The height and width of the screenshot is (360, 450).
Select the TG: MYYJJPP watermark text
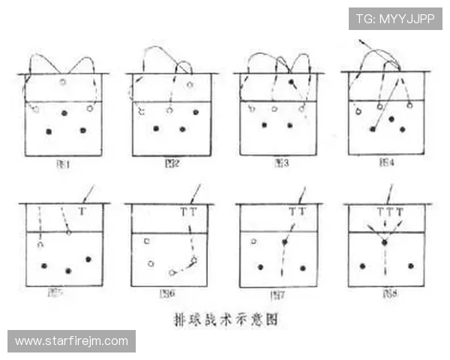(x=395, y=19)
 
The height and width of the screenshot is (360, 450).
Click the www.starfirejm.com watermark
(x=71, y=341)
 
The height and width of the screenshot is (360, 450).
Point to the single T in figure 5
(x=82, y=212)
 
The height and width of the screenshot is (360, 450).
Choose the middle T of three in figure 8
(x=389, y=212)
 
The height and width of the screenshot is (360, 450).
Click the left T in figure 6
(x=184, y=212)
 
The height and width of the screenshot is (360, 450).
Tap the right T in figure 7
(x=302, y=212)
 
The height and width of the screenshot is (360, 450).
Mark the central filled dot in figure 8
(x=385, y=242)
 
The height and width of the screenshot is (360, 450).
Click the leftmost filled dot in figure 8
(x=363, y=265)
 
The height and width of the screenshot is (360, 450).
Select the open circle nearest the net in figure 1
(x=63, y=82)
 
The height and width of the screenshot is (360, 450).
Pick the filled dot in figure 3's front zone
(x=291, y=81)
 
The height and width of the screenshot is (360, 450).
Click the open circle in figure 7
(x=253, y=241)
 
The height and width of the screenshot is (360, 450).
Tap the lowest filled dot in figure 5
(x=68, y=270)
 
